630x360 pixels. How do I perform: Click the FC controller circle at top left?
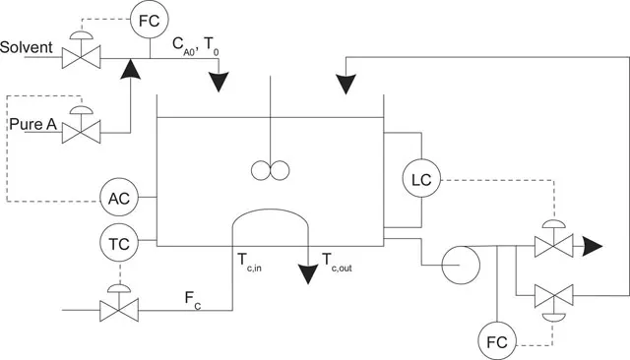pyautogui.click(x=151, y=21)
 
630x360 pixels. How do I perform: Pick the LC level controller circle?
pyautogui.click(x=421, y=180)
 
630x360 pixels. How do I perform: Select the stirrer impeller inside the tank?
pyautogui.click(x=267, y=170)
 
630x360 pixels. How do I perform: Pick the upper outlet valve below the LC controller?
pyautogui.click(x=553, y=246)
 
